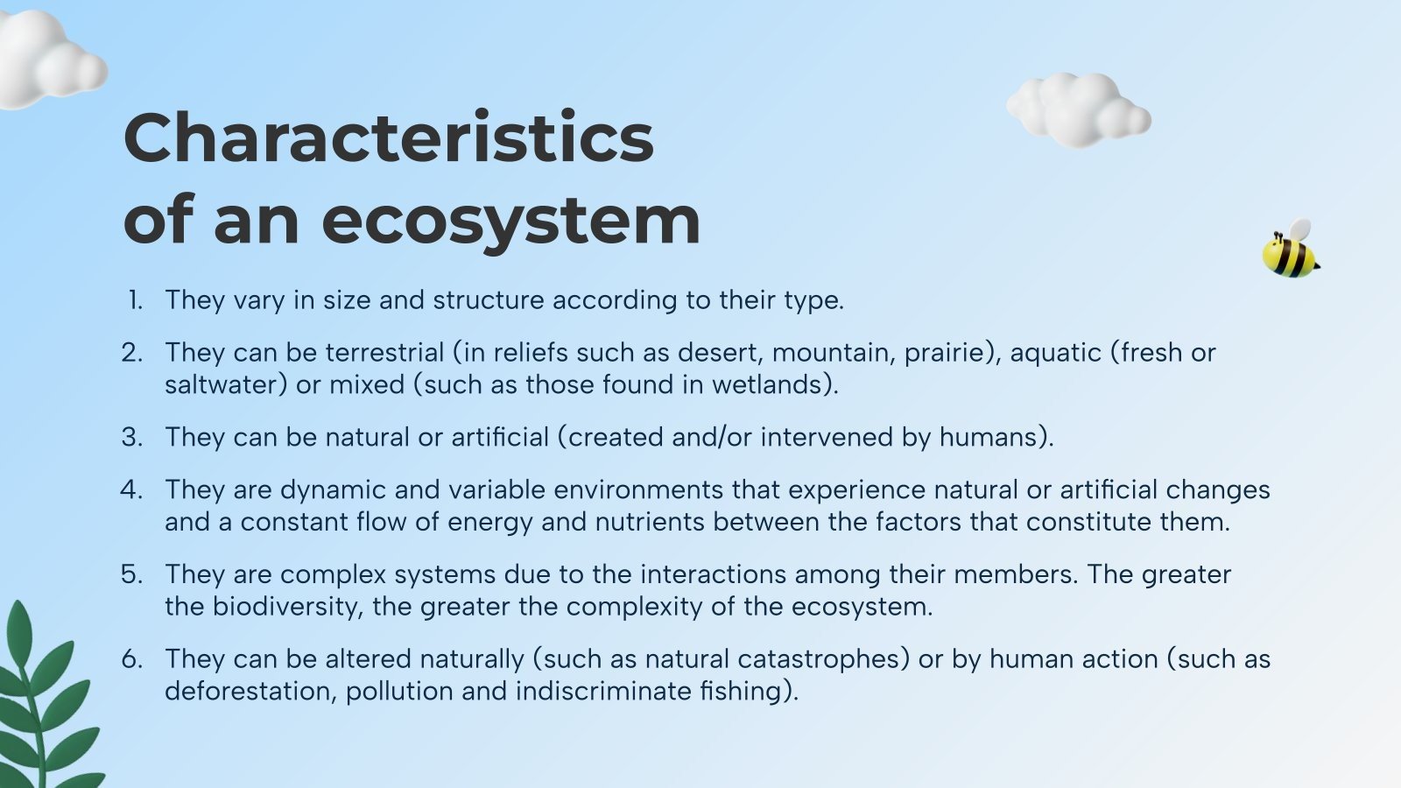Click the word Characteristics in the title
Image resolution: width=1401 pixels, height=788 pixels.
(x=389, y=138)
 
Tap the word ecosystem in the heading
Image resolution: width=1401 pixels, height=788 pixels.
(x=511, y=221)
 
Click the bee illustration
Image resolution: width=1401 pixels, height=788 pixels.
(x=1290, y=251)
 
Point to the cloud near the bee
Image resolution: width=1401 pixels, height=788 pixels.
(x=1078, y=109)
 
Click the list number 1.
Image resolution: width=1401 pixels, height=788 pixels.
(x=135, y=300)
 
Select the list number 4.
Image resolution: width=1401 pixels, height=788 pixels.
(x=131, y=489)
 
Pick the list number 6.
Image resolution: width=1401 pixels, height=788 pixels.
(x=131, y=658)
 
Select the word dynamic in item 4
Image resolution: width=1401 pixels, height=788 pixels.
(x=334, y=489)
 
